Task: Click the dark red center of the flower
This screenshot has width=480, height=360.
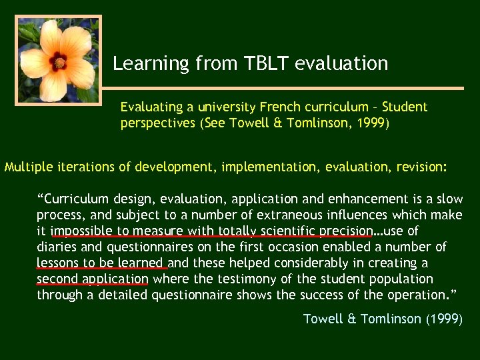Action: coord(59,63)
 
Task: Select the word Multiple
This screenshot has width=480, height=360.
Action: coord(27,167)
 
